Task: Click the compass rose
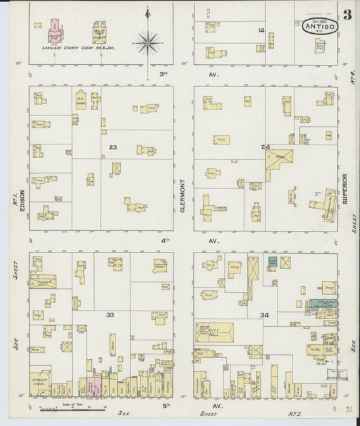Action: (x=147, y=42)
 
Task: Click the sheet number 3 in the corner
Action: (x=346, y=15)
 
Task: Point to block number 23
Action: (x=113, y=146)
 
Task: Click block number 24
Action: (x=265, y=147)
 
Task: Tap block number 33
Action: (x=109, y=315)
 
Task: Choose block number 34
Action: (x=265, y=315)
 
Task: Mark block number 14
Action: (x=260, y=30)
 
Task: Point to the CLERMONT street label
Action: (x=183, y=196)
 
